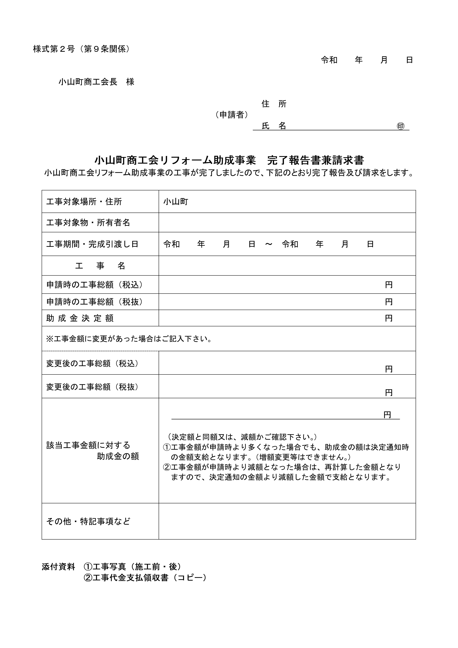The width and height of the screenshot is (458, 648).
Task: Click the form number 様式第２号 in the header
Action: click(54, 49)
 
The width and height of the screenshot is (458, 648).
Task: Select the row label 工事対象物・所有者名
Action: click(88, 223)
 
